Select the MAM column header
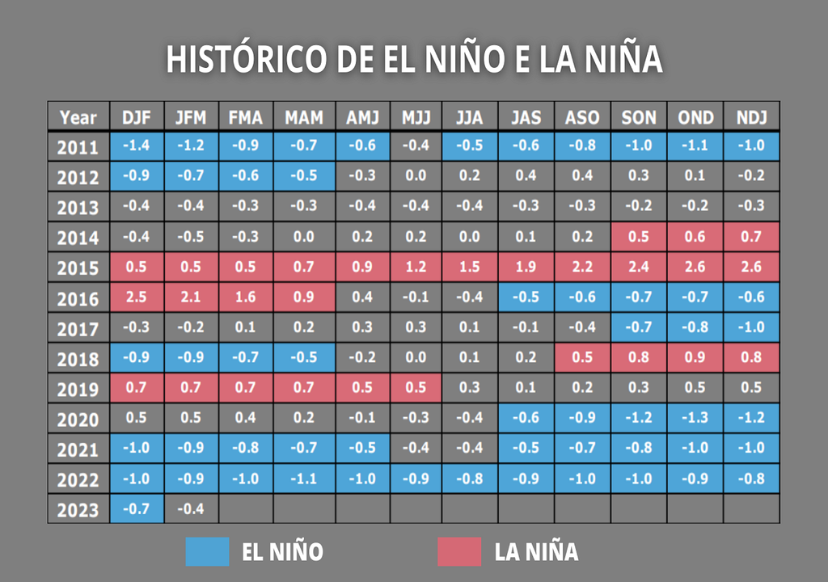click(303, 118)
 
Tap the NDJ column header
click(751, 118)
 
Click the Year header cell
click(78, 118)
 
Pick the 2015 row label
click(78, 268)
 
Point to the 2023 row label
click(78, 510)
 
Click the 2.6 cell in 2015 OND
click(695, 268)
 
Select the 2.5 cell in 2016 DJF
click(137, 297)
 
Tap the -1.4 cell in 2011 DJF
click(137, 147)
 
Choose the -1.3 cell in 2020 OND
click(695, 418)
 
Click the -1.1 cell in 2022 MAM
click(303, 479)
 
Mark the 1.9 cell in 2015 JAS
click(526, 268)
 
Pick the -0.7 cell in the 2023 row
click(137, 509)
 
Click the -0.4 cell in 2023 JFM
click(191, 509)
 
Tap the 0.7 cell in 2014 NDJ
click(751, 237)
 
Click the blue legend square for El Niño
click(207, 551)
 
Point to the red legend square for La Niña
click(458, 551)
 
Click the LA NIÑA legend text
click(536, 552)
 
